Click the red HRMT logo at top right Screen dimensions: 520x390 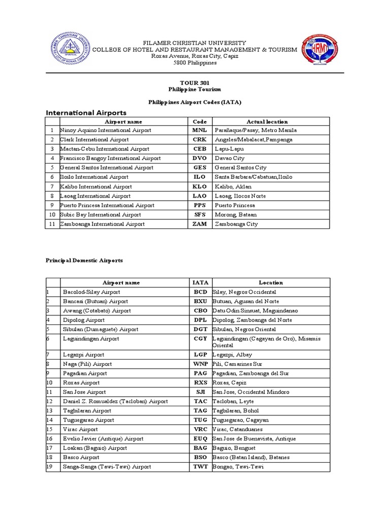[319, 52]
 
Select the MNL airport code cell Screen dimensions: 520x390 [200, 130]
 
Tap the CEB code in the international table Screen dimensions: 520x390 [200, 149]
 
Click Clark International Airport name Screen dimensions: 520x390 [94, 140]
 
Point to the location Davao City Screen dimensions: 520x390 [230, 158]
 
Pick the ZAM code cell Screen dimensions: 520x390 [200, 224]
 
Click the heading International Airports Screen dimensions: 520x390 [86, 112]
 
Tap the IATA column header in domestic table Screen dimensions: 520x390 [200, 282]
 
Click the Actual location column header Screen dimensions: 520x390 [267, 121]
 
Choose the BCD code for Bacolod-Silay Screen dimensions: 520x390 [200, 292]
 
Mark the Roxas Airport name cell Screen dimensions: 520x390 [81, 382]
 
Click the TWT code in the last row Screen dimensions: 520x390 [200, 467]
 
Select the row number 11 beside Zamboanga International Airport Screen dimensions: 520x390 [52, 224]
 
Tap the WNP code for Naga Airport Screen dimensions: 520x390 [200, 364]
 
